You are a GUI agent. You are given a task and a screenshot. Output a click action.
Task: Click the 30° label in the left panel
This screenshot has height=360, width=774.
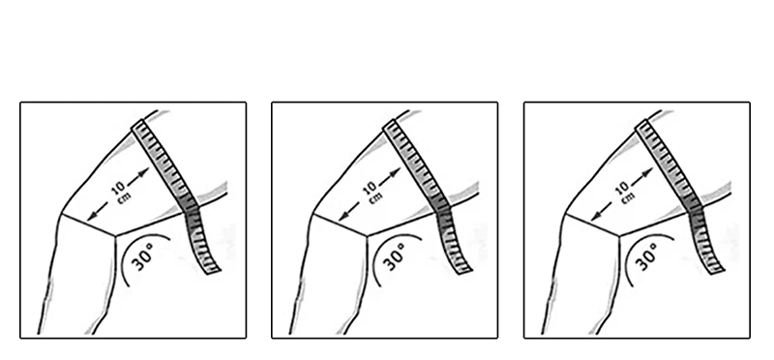click(143, 256)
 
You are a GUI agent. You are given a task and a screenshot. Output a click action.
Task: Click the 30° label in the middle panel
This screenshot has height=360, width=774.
click(395, 256)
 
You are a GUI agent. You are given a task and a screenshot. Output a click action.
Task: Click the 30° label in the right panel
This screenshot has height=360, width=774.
click(647, 256)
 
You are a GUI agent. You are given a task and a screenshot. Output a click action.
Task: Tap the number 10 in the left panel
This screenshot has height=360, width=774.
click(118, 187)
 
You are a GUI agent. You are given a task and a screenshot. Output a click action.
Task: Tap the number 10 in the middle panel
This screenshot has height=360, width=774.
click(370, 187)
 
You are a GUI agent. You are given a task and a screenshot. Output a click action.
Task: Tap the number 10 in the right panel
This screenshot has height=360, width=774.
click(622, 187)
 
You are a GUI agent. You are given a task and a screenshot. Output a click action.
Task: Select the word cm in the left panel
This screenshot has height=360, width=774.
click(125, 197)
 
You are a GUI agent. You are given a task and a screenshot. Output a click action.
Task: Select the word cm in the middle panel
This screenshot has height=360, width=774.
click(375, 197)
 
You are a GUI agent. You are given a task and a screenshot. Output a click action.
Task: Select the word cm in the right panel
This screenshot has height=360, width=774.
click(628, 197)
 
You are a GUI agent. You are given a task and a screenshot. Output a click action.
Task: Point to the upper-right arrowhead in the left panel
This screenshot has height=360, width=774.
click(144, 172)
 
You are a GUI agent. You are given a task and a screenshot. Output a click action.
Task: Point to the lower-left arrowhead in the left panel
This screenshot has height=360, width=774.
click(91, 217)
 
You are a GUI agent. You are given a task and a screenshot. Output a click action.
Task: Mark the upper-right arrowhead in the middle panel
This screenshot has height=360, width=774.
click(396, 172)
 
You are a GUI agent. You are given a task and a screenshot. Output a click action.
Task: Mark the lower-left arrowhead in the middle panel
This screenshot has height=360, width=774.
click(343, 217)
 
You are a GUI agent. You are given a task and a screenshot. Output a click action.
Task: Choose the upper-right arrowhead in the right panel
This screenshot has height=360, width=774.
click(648, 172)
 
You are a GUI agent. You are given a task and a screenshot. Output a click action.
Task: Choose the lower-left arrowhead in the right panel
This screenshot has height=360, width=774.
click(595, 217)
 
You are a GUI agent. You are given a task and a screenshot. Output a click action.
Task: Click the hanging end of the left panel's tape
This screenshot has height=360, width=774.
click(213, 270)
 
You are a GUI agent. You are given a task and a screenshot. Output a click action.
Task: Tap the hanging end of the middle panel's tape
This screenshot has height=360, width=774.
click(464, 270)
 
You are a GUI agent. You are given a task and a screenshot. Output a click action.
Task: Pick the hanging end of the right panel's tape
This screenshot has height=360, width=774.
click(717, 270)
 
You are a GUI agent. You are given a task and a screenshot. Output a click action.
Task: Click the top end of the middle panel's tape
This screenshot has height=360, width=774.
click(389, 124)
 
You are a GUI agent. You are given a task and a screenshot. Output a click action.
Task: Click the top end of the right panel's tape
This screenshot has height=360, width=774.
click(641, 124)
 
